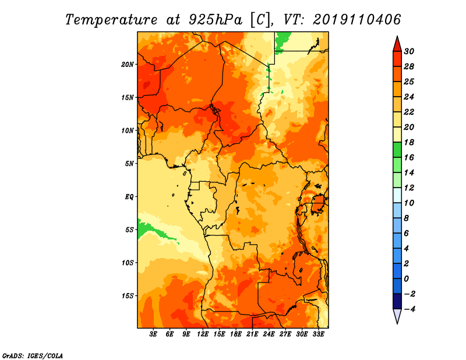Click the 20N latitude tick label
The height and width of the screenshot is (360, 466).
click(128, 64)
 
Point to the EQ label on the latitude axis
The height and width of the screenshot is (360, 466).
click(129, 196)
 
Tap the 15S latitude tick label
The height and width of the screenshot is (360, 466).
click(128, 295)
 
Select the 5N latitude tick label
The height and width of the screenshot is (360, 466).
click(129, 164)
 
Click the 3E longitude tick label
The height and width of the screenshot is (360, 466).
click(153, 334)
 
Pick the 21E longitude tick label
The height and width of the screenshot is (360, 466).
click(252, 334)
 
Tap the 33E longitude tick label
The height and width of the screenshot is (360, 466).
click(318, 334)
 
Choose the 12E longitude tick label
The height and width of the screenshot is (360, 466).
click(203, 334)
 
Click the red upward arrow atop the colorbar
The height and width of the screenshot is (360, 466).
click(397, 44)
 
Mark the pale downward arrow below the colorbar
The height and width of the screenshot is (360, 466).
click(397, 316)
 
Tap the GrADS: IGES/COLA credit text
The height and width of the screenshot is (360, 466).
click(32, 355)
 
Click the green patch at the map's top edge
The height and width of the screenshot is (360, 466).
click(283, 40)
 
